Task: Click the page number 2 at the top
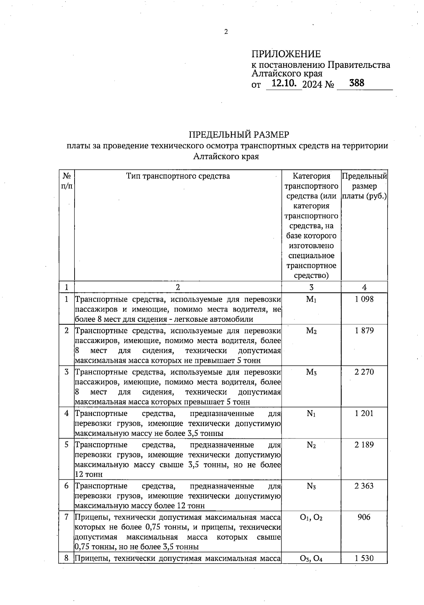(x=226, y=32)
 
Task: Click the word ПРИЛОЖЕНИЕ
(x=286, y=54)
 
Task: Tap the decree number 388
(x=356, y=83)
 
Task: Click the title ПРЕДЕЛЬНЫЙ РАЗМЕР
(x=239, y=135)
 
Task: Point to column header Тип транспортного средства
(x=178, y=176)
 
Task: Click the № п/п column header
(x=66, y=181)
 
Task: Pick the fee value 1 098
(x=364, y=299)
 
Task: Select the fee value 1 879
(x=364, y=331)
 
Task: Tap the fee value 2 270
(x=364, y=372)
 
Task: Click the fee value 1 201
(x=364, y=413)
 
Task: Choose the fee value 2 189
(x=364, y=444)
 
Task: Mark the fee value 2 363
(x=364, y=486)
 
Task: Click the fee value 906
(x=364, y=517)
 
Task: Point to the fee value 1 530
(x=364, y=559)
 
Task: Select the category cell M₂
(x=311, y=331)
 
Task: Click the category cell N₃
(x=311, y=486)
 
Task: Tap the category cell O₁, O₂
(x=311, y=518)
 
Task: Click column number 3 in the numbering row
(x=311, y=287)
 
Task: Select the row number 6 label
(x=66, y=486)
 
